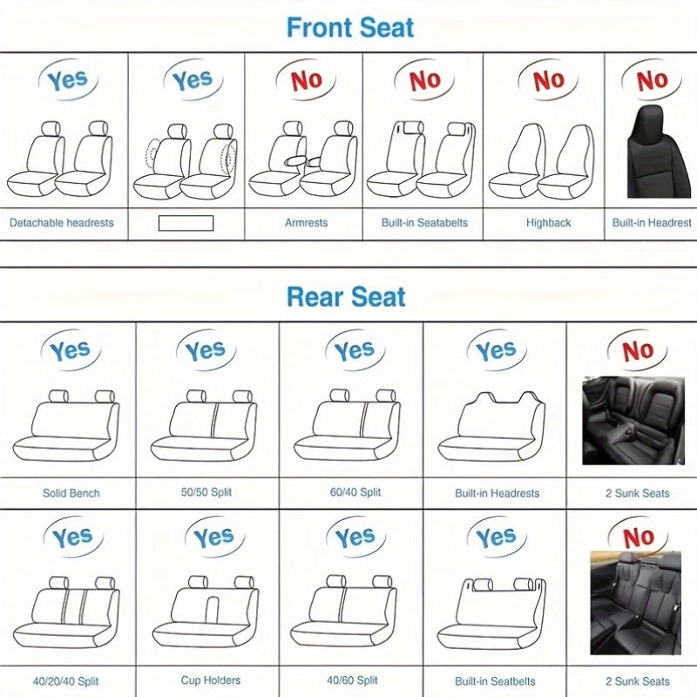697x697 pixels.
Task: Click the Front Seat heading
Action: [350, 27]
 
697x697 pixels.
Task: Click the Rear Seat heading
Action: [346, 297]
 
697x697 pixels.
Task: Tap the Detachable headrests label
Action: [61, 223]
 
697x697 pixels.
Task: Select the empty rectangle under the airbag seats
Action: [186, 223]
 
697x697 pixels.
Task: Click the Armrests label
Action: [306, 223]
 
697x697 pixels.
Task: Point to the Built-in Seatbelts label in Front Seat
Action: [424, 223]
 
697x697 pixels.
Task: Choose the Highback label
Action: [548, 223]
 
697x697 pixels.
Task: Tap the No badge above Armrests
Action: [306, 80]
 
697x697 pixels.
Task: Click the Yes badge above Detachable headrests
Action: [66, 81]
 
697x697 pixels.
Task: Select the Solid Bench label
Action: [71, 493]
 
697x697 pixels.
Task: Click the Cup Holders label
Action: [211, 680]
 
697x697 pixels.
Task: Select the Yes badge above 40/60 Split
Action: [355, 538]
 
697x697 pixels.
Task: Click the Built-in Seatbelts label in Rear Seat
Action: [495, 680]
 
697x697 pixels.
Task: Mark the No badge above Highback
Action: [548, 80]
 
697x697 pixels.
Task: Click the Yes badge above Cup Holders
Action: [213, 538]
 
